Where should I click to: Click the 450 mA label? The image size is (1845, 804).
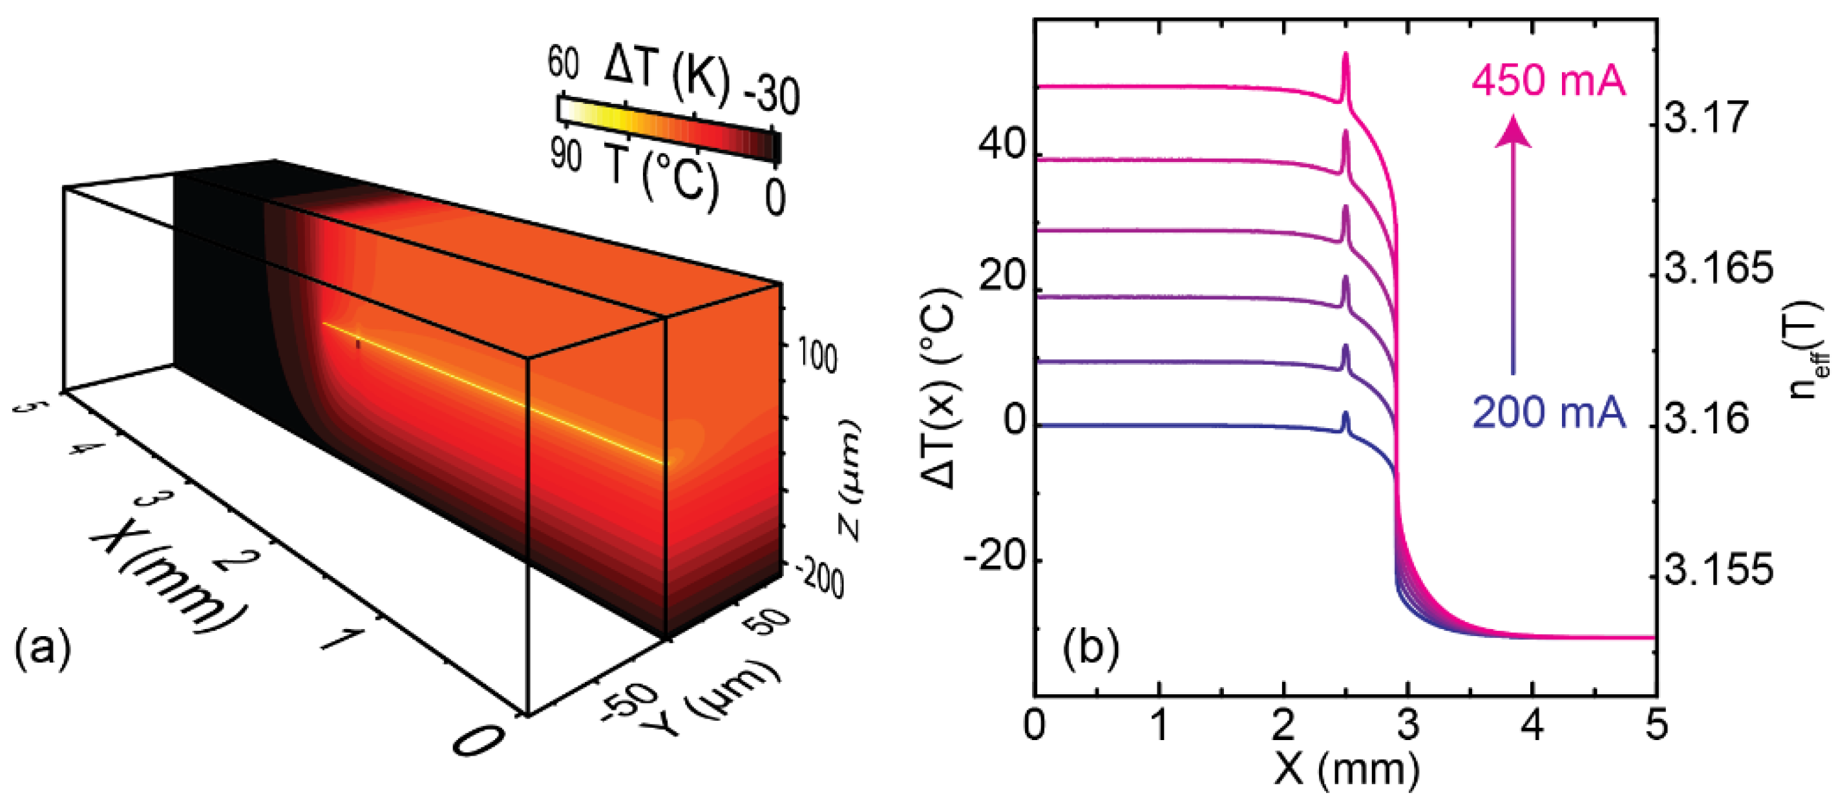tap(1548, 80)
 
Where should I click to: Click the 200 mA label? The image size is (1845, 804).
tap(1548, 413)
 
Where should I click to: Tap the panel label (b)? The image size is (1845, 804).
tap(1091, 647)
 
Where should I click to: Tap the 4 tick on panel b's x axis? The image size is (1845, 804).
tap(1532, 725)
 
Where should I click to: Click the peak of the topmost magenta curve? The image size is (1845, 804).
tap(1345, 54)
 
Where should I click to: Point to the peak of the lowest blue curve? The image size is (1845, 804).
tap(1345, 414)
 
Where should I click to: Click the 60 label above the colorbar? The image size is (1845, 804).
tap(563, 63)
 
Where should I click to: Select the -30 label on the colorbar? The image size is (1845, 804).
tap(772, 94)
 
